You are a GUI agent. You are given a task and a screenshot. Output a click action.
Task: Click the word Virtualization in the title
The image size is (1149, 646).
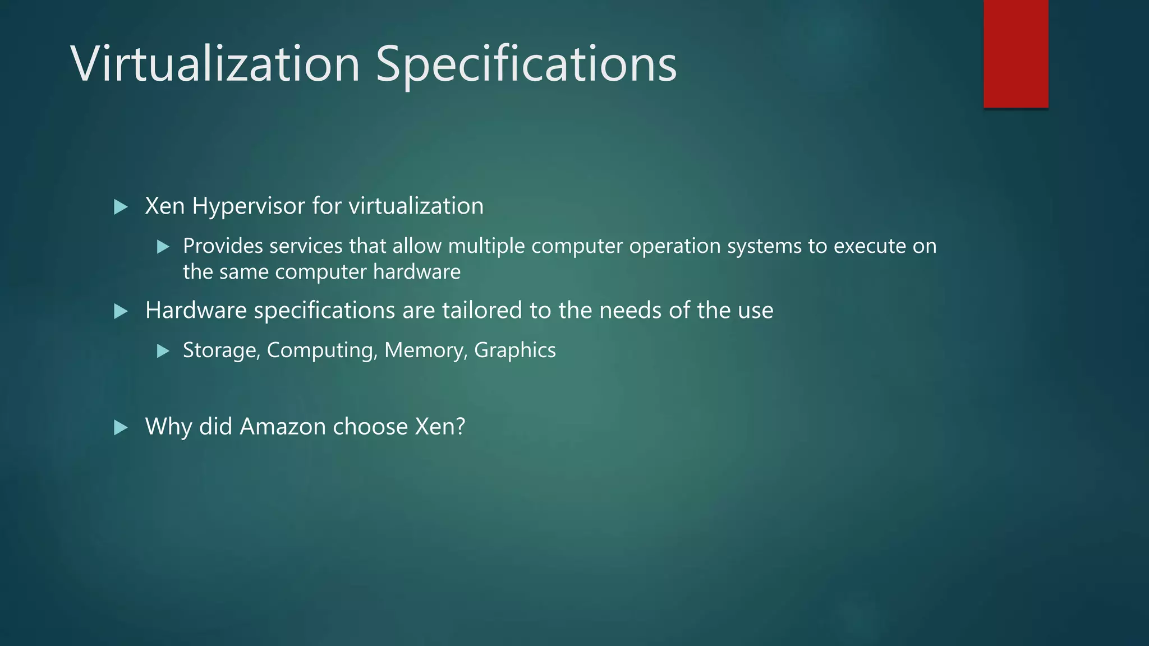tap(215, 64)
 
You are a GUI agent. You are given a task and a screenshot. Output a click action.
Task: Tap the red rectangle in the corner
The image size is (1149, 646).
tap(1015, 54)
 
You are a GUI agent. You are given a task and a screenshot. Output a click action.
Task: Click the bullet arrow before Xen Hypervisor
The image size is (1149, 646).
tap(121, 207)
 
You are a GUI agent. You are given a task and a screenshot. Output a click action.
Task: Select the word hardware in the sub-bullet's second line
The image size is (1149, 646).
tap(417, 272)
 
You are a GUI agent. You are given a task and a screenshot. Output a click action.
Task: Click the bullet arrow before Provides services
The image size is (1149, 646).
tap(163, 247)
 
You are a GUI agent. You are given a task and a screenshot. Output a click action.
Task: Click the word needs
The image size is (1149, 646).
tap(631, 311)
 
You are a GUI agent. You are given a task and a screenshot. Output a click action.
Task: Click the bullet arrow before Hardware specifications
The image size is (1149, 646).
tap(121, 311)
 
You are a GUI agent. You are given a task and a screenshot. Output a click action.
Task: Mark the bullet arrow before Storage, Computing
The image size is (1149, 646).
tap(163, 351)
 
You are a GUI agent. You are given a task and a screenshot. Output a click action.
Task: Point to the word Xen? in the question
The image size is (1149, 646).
tap(440, 427)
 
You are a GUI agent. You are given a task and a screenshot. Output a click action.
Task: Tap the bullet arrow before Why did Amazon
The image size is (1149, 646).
tap(121, 428)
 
